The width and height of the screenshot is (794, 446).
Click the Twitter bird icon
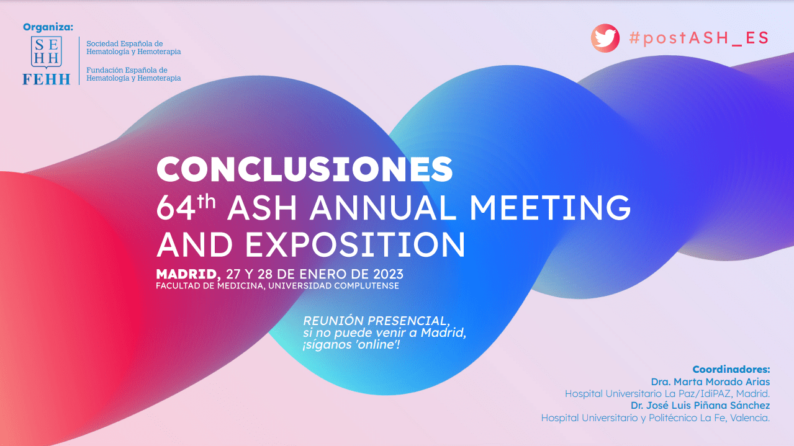[605, 38]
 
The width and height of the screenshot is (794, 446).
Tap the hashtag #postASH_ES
[699, 38]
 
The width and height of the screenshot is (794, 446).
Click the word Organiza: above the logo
[48, 27]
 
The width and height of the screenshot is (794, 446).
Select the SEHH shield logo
[46, 52]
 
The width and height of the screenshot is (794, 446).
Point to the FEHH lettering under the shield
[47, 79]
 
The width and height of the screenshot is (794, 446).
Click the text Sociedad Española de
[125, 43]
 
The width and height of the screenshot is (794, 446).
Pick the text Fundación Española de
[127, 70]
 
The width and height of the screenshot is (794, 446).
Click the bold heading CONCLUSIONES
[304, 169]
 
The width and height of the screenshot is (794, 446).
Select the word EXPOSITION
[355, 244]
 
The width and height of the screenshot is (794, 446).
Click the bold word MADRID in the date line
[186, 274]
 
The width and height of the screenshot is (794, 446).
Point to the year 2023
[388, 274]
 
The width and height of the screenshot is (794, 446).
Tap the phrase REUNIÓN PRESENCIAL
[376, 321]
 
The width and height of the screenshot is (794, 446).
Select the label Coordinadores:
[731, 370]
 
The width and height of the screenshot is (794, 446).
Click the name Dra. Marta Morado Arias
[710, 381]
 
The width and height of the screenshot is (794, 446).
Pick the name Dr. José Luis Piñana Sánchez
[700, 405]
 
